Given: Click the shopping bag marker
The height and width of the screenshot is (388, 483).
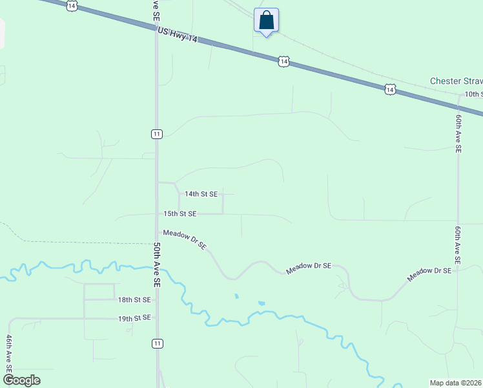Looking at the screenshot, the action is click(266, 20).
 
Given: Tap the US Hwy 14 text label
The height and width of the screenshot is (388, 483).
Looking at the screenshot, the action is click(177, 36).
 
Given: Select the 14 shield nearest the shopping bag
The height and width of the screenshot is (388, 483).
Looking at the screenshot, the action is click(283, 61).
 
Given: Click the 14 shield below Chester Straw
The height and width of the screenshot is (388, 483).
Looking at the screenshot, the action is click(389, 90).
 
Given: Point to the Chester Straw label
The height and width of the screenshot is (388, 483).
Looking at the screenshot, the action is click(456, 81).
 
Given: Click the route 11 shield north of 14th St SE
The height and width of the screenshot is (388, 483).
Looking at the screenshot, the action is click(156, 134).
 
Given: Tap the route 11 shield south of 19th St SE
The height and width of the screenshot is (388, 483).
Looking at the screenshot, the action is click(157, 343).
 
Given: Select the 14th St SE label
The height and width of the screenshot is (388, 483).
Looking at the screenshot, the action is click(201, 193).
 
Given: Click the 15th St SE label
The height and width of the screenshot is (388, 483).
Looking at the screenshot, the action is click(180, 213).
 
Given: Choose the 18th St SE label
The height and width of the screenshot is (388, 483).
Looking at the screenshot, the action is click(134, 300).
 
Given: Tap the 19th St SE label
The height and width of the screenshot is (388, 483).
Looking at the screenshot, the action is click(134, 318).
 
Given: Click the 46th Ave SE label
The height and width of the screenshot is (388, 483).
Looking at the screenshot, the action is click(9, 353).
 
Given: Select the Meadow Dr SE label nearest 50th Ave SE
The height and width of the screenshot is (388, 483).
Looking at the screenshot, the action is click(185, 239).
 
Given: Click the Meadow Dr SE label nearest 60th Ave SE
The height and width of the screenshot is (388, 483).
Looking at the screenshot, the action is click(429, 274).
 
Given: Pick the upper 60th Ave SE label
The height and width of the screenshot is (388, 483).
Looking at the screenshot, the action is click(458, 133).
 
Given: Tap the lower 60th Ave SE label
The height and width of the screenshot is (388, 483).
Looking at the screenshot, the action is click(458, 244).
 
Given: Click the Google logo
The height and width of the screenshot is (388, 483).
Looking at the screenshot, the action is click(21, 380).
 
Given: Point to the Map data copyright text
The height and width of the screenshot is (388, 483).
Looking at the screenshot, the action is click(455, 383).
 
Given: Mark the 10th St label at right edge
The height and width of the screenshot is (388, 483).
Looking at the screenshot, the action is click(473, 94).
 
